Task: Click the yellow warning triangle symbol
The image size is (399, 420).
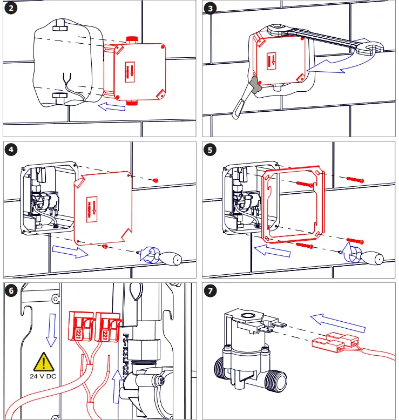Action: tap(42, 361)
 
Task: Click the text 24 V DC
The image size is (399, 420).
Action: tap(42, 377)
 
